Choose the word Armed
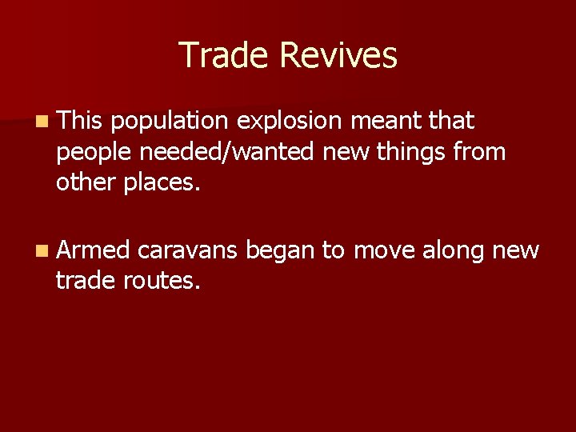click(93, 251)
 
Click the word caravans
click(187, 251)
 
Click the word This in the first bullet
click(80, 122)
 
